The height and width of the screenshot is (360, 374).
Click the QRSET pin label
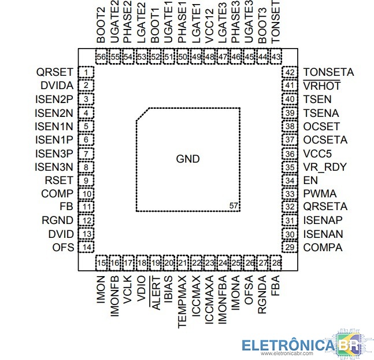click(54, 72)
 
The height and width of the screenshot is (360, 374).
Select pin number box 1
click(86, 72)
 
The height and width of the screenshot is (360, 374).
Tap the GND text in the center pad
click(188, 159)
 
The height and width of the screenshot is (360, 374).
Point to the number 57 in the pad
click(234, 205)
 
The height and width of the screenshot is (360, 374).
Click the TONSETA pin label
click(328, 72)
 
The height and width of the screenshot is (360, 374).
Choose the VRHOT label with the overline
click(321, 86)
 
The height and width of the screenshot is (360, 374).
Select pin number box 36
click(290, 154)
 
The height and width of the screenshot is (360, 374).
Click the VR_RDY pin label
click(324, 167)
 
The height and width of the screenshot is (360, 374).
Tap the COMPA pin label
click(323, 247)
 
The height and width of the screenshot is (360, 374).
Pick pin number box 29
click(290, 247)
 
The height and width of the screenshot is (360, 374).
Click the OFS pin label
click(63, 247)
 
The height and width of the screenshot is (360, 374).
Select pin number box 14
click(86, 247)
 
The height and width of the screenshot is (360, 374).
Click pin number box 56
click(102, 57)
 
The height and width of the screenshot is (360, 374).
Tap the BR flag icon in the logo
click(347, 344)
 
